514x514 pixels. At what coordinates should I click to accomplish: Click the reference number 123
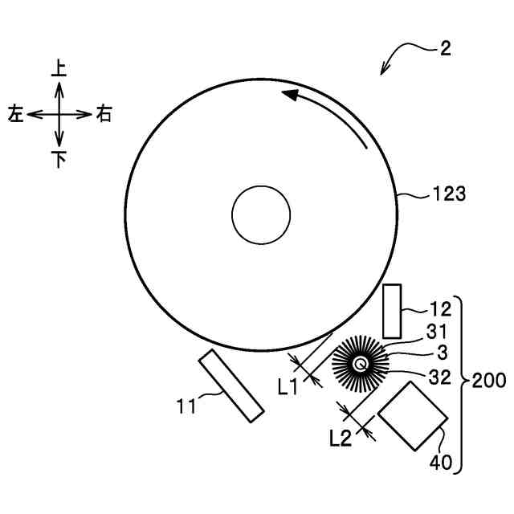coord(450,194)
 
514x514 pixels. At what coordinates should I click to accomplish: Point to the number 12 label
coord(441,308)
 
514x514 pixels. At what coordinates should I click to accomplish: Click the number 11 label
coord(187,406)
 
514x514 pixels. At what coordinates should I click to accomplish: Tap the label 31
coord(437,331)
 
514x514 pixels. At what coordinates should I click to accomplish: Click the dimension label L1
coord(288,386)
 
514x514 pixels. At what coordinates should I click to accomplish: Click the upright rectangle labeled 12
coord(393,311)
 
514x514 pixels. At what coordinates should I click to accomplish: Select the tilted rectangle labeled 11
coord(232,385)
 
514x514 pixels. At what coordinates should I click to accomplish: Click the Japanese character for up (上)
coord(59,68)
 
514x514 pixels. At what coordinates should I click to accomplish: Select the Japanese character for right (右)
coord(104,114)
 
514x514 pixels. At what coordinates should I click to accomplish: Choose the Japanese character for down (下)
coord(59,159)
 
